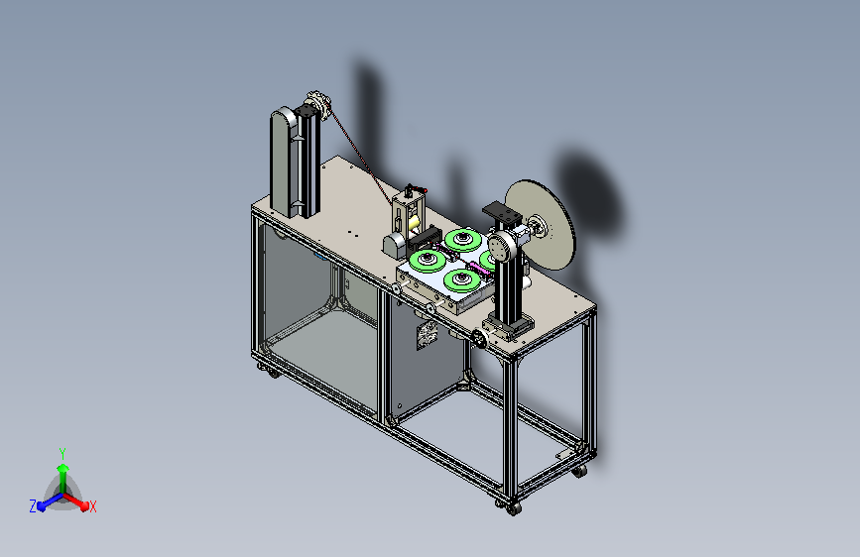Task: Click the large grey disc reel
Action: pos(542,224)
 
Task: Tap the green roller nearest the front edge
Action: pos(462,279)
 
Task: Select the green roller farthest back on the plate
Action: pos(463,240)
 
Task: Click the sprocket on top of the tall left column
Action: pos(318,104)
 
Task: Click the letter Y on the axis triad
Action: pos(62,454)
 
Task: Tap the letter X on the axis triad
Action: pos(92,507)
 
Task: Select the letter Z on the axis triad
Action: pos(33,506)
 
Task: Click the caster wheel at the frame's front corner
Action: pos(514,509)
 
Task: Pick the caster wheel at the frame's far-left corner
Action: pos(273,374)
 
